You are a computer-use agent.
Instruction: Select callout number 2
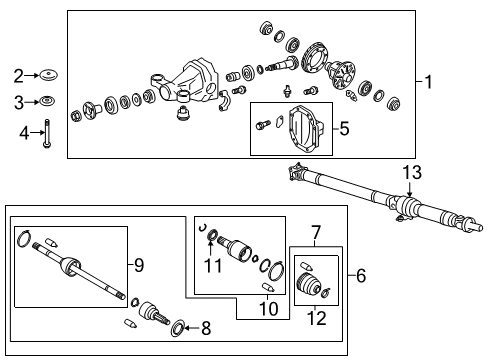[18, 75]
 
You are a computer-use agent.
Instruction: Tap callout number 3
[18, 102]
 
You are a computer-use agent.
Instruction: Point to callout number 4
[18, 132]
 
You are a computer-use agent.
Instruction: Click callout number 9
[139, 265]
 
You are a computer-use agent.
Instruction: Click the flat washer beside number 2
[47, 75]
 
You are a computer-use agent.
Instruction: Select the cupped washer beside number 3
[47, 101]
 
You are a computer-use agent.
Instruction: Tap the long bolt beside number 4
[47, 133]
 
